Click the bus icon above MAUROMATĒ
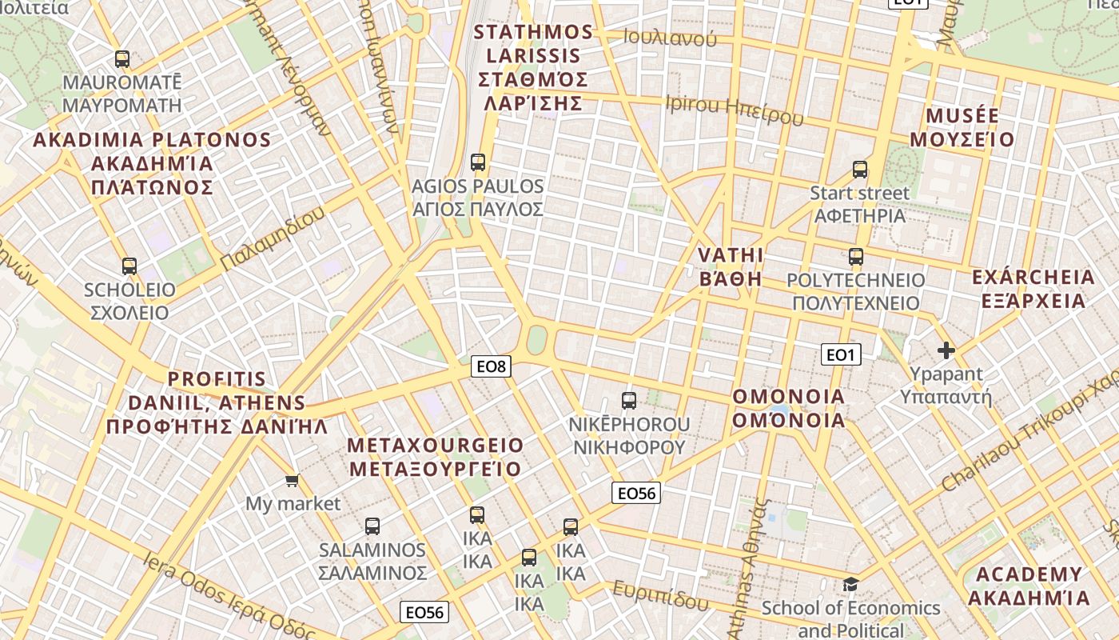click(x=122, y=59)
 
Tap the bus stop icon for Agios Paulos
click(x=478, y=162)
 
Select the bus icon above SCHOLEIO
click(x=129, y=266)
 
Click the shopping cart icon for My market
click(x=293, y=480)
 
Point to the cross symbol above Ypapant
click(x=946, y=350)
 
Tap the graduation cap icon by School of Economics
click(x=850, y=584)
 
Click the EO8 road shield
click(x=491, y=366)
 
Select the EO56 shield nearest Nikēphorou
click(x=636, y=493)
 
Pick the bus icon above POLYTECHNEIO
click(x=856, y=257)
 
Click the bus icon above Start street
click(x=860, y=170)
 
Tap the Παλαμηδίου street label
click(x=273, y=238)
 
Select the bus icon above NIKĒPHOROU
click(x=629, y=401)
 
